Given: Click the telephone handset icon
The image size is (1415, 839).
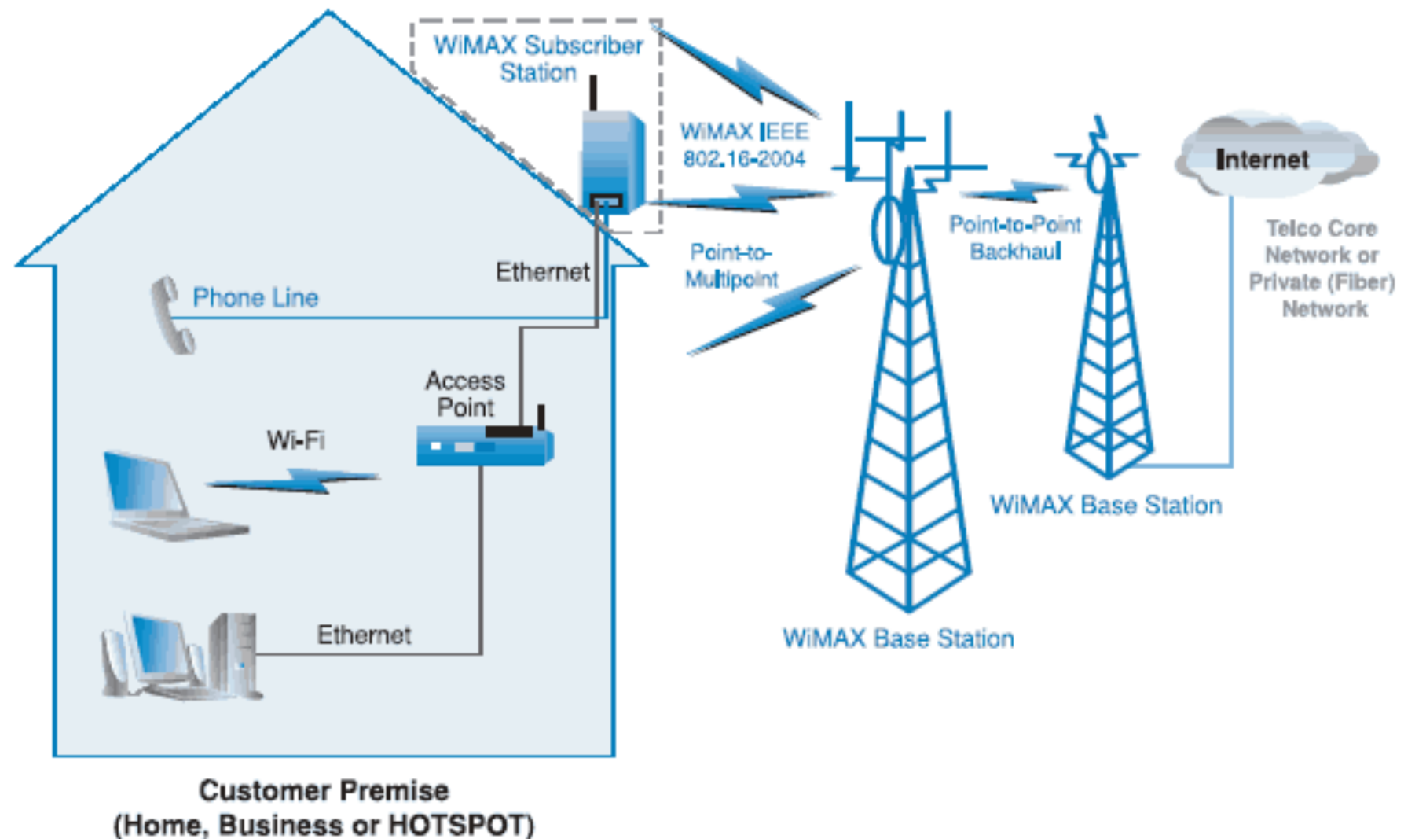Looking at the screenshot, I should pos(172,315).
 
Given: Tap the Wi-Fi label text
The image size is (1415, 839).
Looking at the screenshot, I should pos(296,440).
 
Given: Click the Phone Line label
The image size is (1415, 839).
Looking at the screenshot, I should pos(255,298).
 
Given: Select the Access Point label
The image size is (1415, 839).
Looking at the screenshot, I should pos(465,394).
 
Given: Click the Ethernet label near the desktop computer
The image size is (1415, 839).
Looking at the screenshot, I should pos(364,635).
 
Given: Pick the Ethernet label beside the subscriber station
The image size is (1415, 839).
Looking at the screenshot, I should pos(542,272).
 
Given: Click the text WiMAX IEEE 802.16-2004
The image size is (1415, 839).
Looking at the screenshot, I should pos(743,145).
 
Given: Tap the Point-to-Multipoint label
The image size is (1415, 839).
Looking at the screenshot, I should pos(731,266).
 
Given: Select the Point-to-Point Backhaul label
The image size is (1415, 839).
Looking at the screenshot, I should pos(1014,238).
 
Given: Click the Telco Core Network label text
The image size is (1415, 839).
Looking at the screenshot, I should pos(1322,268).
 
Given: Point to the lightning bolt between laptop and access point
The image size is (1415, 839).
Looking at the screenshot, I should pos(295,480).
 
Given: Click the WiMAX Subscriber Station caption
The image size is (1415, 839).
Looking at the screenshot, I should pos(538,59).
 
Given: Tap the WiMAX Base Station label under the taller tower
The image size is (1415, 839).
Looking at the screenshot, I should pos(898,638).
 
